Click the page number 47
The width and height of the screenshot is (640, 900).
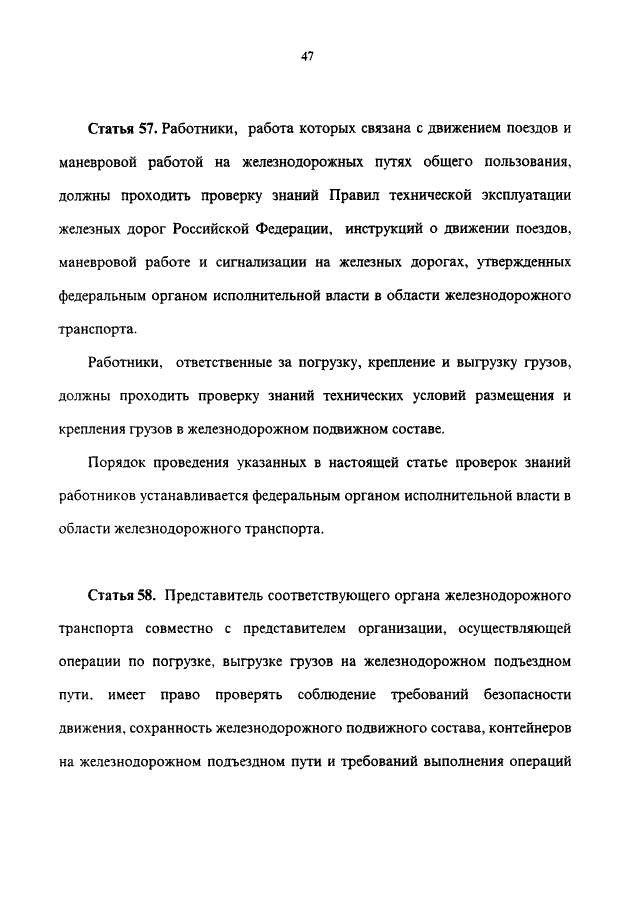[x=308, y=57]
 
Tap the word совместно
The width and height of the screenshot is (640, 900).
[x=204, y=630]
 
